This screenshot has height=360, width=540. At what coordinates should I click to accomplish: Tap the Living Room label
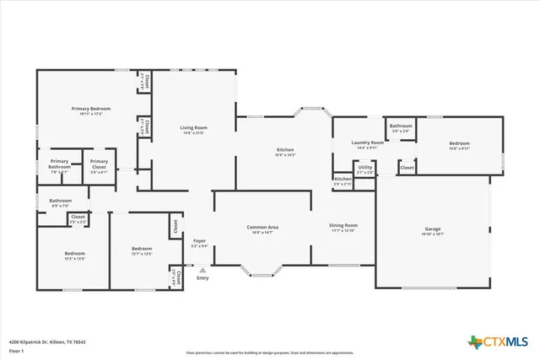point(192,128)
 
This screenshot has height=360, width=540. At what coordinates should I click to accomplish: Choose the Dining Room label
point(343,226)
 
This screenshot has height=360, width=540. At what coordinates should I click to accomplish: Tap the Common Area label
point(262,228)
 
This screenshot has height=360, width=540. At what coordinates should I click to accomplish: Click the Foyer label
point(199,242)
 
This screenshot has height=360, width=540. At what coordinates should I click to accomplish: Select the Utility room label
point(364,168)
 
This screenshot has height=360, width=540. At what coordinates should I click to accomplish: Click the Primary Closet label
point(99,163)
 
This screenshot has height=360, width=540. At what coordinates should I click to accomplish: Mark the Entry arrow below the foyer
point(202,271)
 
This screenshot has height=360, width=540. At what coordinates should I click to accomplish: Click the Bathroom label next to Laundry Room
point(400,126)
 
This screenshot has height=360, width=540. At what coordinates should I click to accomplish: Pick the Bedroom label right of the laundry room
point(459,143)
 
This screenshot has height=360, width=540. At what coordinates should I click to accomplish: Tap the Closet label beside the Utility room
point(407,168)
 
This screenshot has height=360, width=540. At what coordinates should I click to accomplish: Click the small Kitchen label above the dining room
point(343,179)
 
